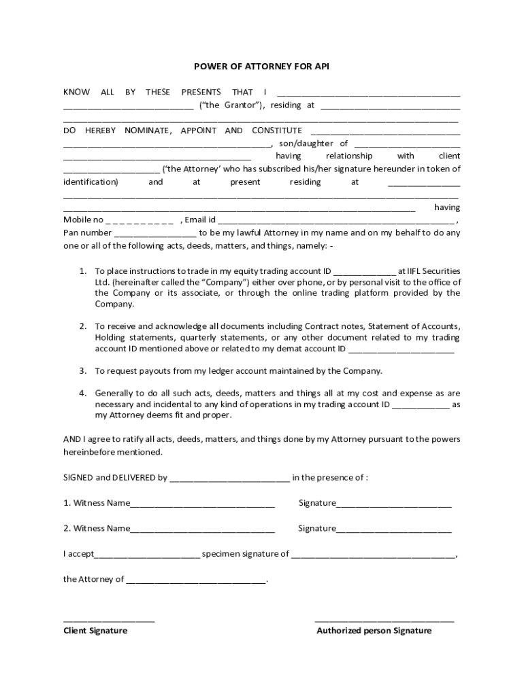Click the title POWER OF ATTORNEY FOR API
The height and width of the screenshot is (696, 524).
click(x=262, y=66)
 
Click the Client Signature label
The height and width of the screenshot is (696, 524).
click(x=95, y=630)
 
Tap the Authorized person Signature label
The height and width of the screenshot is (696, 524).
click(x=374, y=630)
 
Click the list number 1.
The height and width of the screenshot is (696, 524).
click(x=82, y=271)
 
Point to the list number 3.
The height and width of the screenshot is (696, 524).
click(x=82, y=371)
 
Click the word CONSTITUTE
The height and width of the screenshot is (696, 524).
click(x=277, y=130)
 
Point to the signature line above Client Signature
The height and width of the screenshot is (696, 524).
click(x=109, y=621)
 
